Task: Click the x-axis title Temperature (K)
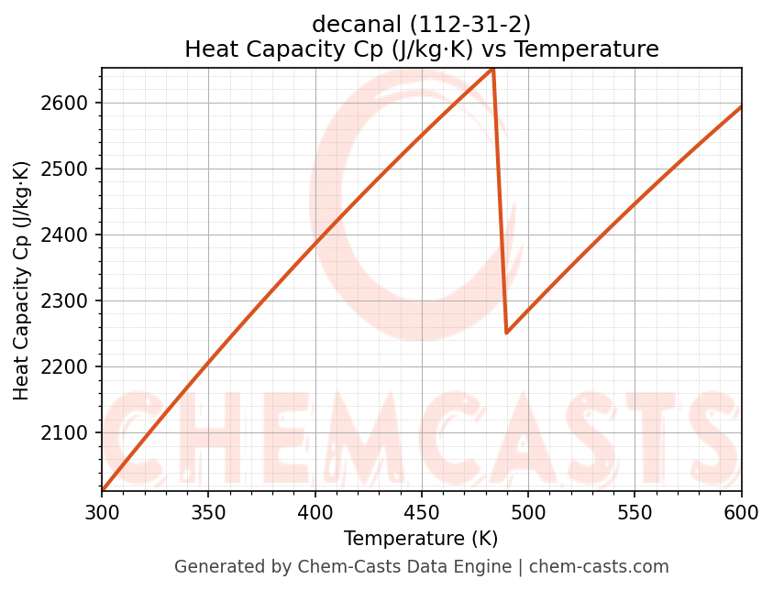click(421, 539)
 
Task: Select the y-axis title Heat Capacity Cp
click(22, 279)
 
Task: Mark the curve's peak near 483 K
click(492, 70)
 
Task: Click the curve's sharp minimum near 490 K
click(506, 333)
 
